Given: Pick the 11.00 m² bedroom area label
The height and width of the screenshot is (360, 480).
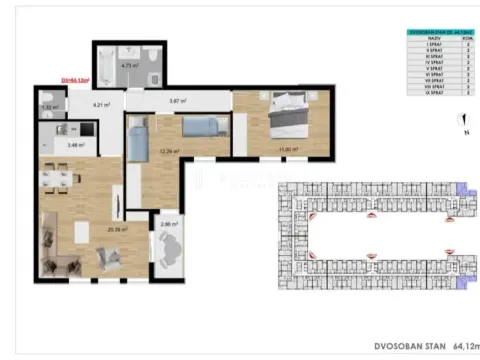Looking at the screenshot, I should pos(288,150).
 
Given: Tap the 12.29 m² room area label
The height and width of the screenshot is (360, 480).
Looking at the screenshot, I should pos(167,152).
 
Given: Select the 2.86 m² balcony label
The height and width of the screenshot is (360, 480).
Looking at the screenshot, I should pos(168,225).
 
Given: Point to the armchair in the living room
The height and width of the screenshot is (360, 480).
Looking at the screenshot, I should pos(107,259).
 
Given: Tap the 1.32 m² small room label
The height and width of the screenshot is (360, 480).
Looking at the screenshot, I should pos(46,106).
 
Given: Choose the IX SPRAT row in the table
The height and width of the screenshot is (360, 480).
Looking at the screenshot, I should pos(437,93).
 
